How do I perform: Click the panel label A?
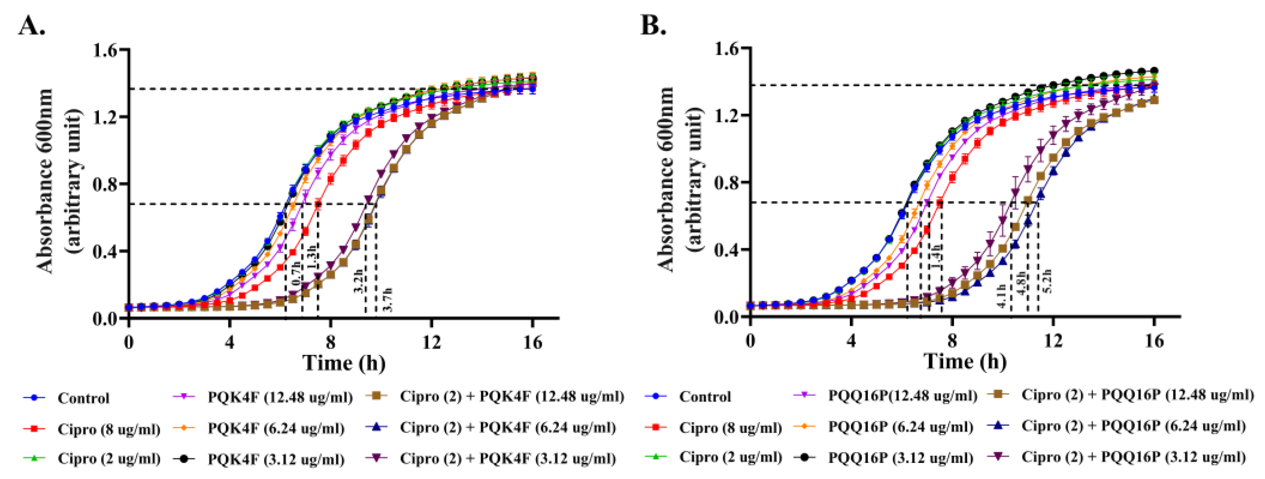tap(32, 26)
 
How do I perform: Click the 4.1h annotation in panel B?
tap(1001, 296)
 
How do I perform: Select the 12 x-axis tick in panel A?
tap(431, 342)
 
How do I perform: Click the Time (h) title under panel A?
tap(344, 364)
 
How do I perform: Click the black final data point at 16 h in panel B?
tap(1154, 71)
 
